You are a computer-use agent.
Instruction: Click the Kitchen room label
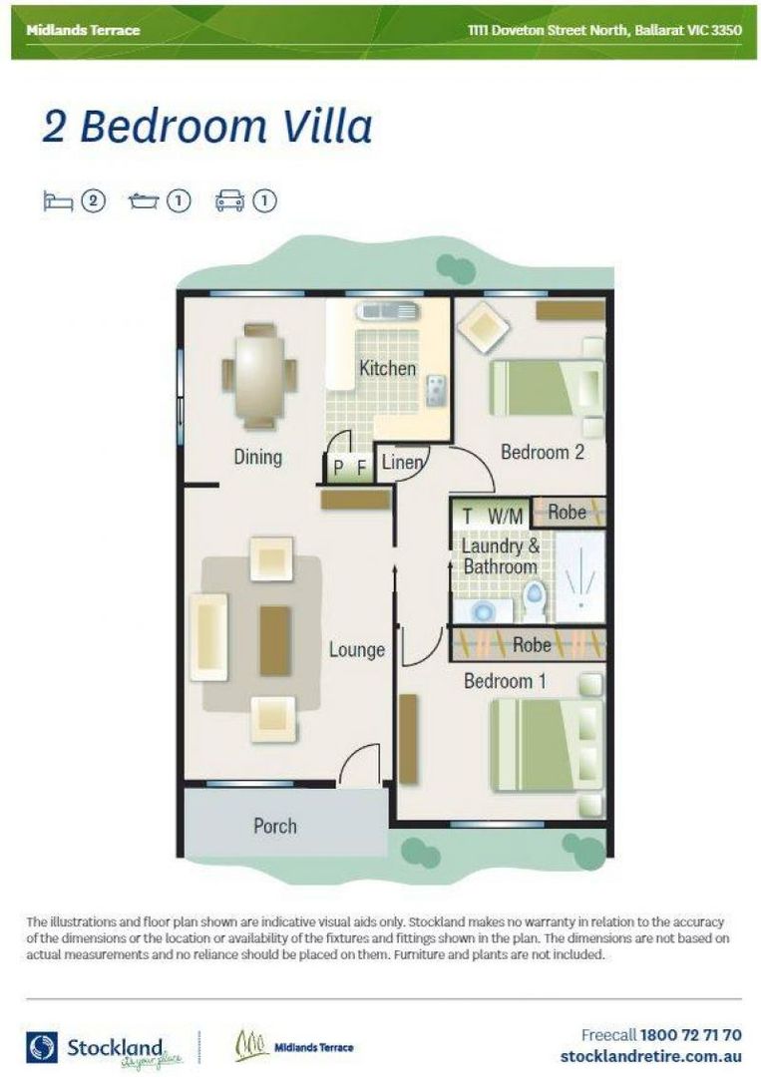click(x=387, y=369)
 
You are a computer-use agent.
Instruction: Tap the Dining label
click(x=258, y=457)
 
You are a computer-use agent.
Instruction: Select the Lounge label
click(x=356, y=650)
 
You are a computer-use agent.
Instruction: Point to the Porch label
click(x=275, y=826)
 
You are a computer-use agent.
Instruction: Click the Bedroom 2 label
click(x=543, y=452)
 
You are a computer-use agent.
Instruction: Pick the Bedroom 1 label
click(x=505, y=681)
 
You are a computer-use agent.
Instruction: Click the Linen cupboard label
click(x=403, y=463)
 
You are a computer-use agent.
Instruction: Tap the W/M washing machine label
click(x=506, y=516)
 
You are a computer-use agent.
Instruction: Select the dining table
click(x=258, y=376)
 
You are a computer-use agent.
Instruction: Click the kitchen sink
click(x=387, y=311)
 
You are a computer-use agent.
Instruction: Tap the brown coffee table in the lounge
click(x=275, y=641)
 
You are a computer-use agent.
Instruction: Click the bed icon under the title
click(x=58, y=201)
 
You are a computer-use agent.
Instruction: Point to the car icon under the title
click(x=229, y=201)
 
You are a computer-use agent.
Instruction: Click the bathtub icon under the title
click(x=144, y=201)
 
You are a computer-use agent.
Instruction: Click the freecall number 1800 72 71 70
click(x=691, y=1035)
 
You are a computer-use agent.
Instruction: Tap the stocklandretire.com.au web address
click(x=651, y=1056)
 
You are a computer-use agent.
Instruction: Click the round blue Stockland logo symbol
click(x=42, y=1047)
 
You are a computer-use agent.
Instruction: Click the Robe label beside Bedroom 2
click(x=568, y=513)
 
